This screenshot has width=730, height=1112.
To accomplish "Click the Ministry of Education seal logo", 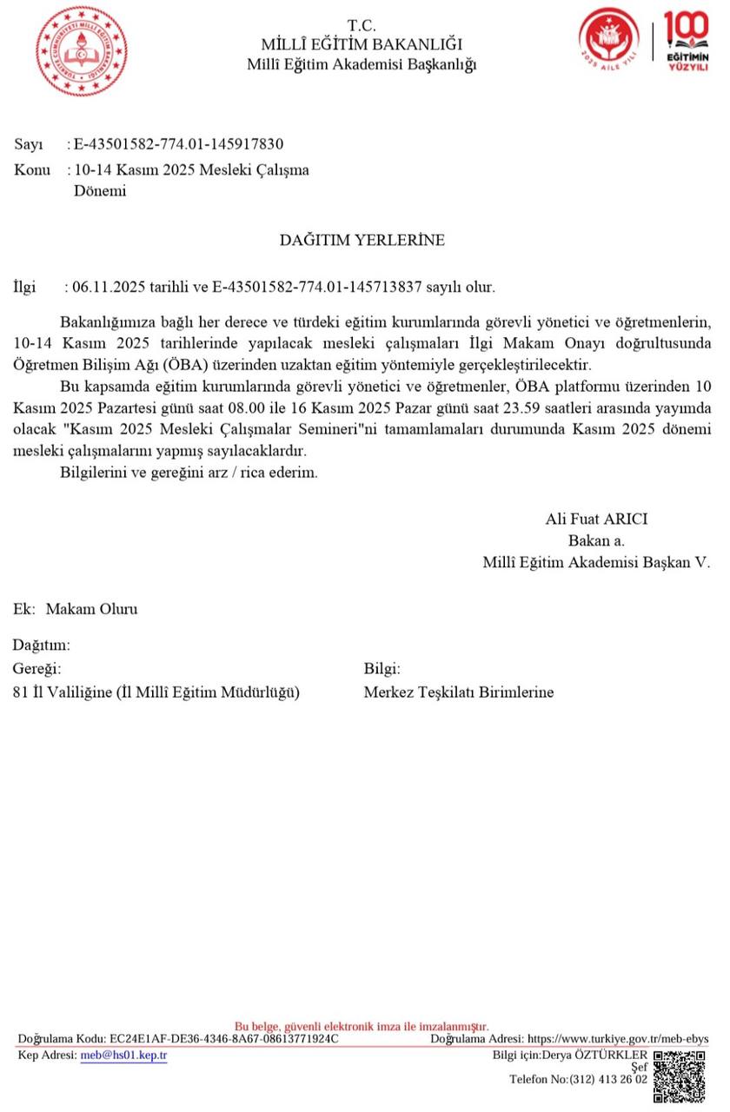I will tap(81, 50).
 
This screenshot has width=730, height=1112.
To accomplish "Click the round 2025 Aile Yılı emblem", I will tap(608, 40).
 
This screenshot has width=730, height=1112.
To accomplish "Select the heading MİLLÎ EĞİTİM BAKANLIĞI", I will tap(362, 44).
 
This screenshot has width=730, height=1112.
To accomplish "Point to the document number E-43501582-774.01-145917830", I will tap(178, 144).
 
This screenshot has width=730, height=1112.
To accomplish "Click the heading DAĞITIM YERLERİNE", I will tap(362, 240).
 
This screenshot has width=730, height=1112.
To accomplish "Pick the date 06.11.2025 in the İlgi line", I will tap(107, 287).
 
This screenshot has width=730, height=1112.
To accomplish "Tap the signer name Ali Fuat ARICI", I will tap(596, 520).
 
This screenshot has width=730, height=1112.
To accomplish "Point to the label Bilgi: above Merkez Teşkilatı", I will tap(382, 669).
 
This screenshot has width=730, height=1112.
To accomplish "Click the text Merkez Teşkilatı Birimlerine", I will tap(458, 692).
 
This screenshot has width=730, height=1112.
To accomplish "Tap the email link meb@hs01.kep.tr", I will tap(123, 1056).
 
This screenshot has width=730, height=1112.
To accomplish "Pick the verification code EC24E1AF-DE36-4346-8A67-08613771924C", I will tap(223, 1039).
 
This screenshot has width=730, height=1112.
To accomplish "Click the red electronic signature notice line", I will tap(362, 1026).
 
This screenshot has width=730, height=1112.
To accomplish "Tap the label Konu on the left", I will tap(32, 169).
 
